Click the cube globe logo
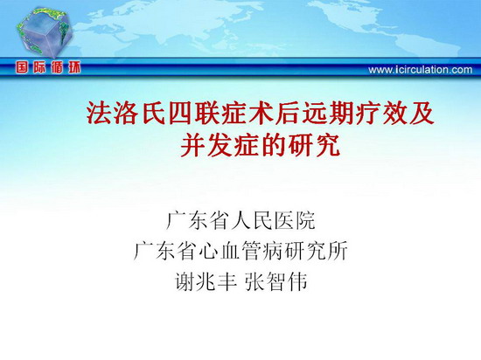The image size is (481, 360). click(x=45, y=33)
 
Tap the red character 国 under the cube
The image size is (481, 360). click(x=22, y=67)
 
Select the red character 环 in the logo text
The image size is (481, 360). click(x=74, y=67)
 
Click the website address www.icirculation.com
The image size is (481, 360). click(x=421, y=70)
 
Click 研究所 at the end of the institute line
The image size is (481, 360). click(x=316, y=251)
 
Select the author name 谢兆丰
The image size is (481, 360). click(x=206, y=281)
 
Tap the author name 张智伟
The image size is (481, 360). click(x=276, y=281)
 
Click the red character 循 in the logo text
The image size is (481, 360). click(x=57, y=67)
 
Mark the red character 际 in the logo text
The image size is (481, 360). click(x=39, y=67)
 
